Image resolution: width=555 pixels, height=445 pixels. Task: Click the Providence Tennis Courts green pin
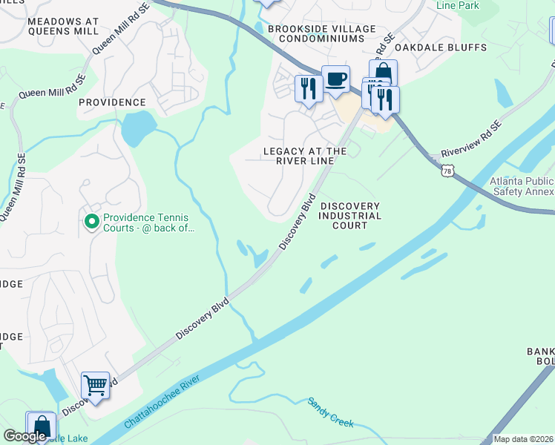point(92,221)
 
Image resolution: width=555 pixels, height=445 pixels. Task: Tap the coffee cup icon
point(335,79)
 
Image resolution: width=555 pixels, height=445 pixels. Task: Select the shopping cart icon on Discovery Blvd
point(95,386)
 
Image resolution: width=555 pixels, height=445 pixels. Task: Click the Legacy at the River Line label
point(305,156)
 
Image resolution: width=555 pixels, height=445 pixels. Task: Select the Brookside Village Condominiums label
point(322,33)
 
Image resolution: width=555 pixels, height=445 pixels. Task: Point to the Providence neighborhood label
point(112,102)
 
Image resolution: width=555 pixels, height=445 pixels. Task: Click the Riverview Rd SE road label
point(472,139)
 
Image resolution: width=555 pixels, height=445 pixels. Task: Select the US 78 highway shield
point(447,171)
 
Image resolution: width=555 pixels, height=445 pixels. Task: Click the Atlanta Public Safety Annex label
point(522,186)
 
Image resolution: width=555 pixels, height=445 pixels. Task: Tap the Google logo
point(24,436)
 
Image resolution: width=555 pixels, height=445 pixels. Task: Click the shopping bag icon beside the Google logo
point(40,426)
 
